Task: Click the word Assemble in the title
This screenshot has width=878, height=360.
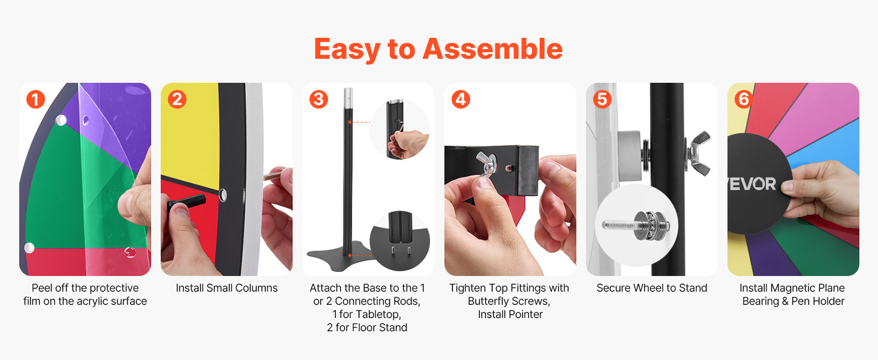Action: (493, 49)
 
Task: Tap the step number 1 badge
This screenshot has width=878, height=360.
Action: (35, 99)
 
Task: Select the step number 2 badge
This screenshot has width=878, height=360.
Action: (177, 99)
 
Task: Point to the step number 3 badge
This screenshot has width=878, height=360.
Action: (318, 99)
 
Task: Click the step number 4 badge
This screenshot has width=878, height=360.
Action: (461, 99)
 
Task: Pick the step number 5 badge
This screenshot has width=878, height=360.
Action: (602, 99)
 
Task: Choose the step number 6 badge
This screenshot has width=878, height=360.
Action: (744, 99)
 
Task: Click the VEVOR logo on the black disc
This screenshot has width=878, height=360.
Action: (752, 184)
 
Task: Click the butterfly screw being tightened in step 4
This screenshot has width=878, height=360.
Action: (487, 166)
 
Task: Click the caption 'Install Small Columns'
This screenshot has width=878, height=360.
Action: (227, 288)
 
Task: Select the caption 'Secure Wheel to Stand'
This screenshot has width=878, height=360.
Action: (652, 288)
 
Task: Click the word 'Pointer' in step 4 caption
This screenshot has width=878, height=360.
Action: (524, 314)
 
